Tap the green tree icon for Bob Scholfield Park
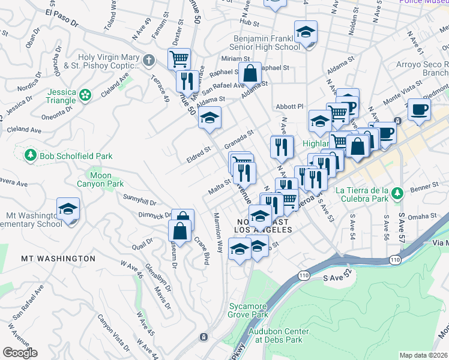tap(30, 155)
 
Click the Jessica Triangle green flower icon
tap(86, 94)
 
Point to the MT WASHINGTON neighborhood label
tap(58, 259)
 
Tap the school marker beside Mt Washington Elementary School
tap(68, 209)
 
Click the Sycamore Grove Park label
tap(248, 310)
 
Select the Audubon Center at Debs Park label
tap(281, 335)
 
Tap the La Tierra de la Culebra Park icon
tap(396, 193)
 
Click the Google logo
tap(19, 353)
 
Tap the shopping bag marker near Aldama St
tap(250, 74)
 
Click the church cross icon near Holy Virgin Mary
tap(149, 60)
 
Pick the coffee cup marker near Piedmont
tap(419, 110)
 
